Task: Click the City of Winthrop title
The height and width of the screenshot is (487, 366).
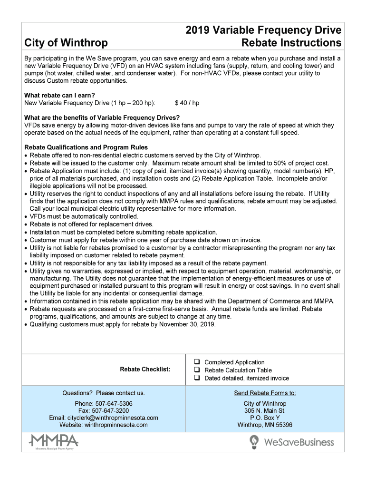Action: click(66, 43)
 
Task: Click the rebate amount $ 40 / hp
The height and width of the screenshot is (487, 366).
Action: click(187, 103)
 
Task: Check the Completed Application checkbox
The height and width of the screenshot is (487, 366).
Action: click(196, 362)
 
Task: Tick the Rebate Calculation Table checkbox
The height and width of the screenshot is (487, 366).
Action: click(196, 370)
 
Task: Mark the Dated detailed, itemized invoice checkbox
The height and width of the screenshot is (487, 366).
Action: click(196, 378)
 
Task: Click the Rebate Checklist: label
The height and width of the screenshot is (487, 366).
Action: click(145, 370)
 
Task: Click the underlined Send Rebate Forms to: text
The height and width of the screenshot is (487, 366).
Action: click(265, 393)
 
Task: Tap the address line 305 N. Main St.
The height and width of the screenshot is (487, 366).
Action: click(265, 411)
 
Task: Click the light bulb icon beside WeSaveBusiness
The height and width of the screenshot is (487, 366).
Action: click(254, 442)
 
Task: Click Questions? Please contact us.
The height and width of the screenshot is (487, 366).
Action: click(104, 393)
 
